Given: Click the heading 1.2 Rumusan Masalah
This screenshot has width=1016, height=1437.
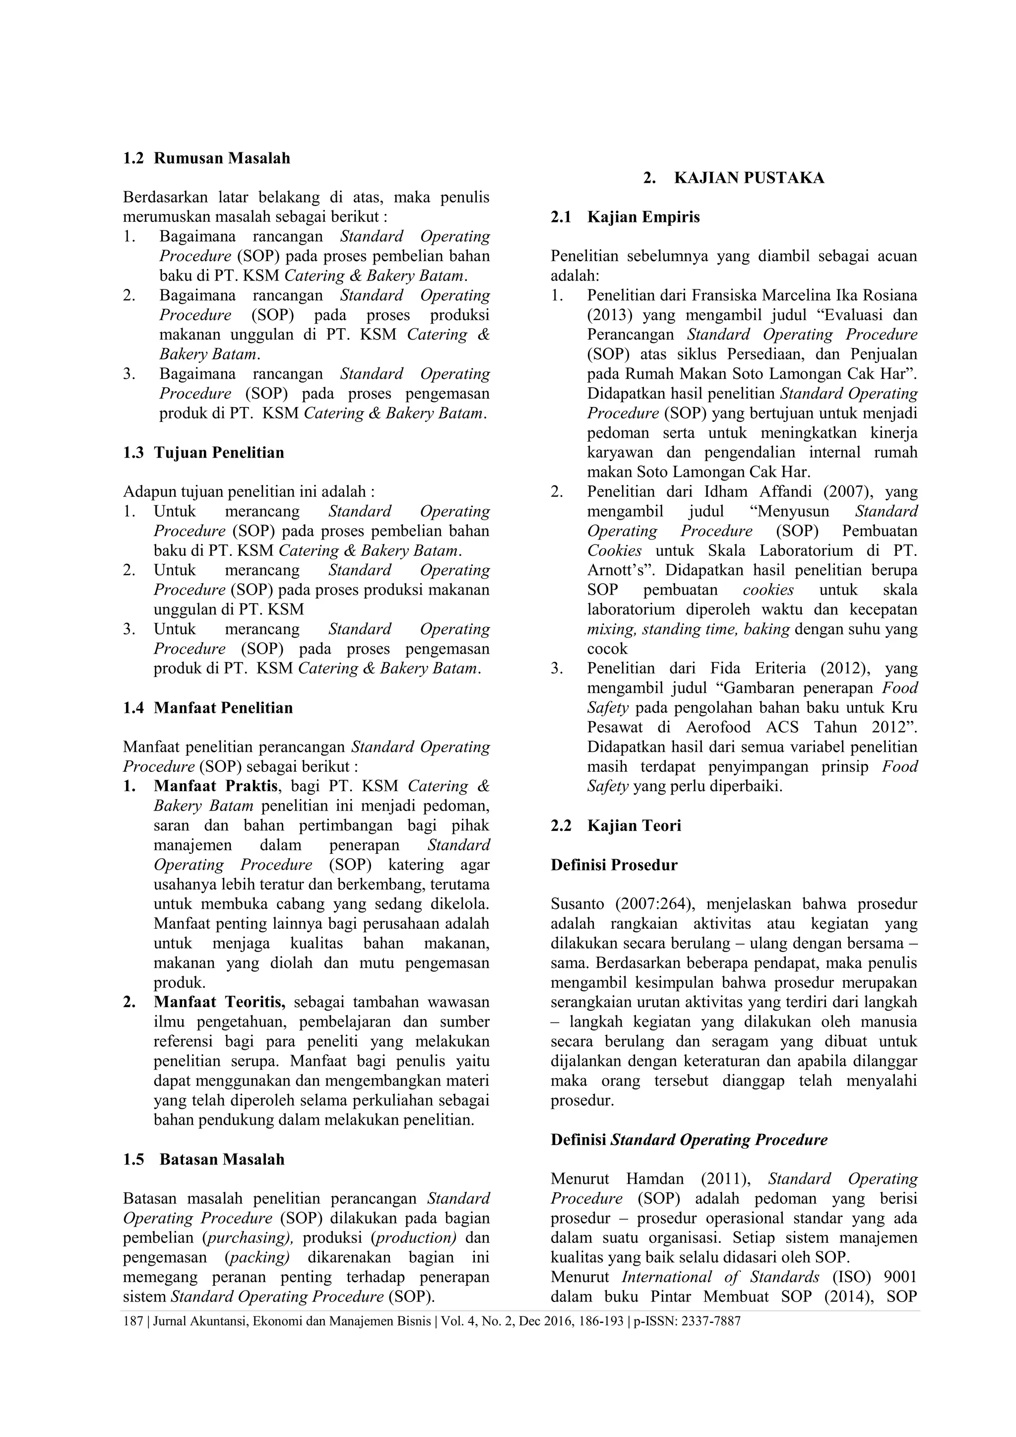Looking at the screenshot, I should (x=206, y=158).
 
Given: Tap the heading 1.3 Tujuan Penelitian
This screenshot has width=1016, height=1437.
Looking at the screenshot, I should (x=203, y=453).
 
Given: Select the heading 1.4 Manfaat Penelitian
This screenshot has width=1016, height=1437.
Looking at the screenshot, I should (x=208, y=708).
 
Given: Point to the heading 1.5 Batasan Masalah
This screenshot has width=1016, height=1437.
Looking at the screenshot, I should (x=203, y=1159).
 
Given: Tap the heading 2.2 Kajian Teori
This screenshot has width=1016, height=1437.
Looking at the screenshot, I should (x=616, y=825).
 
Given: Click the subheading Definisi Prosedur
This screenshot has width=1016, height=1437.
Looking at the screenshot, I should (x=614, y=865).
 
